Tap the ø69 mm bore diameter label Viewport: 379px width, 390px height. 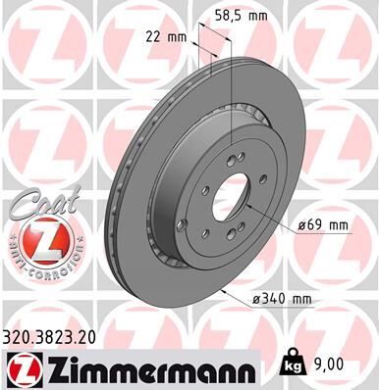(322, 225)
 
